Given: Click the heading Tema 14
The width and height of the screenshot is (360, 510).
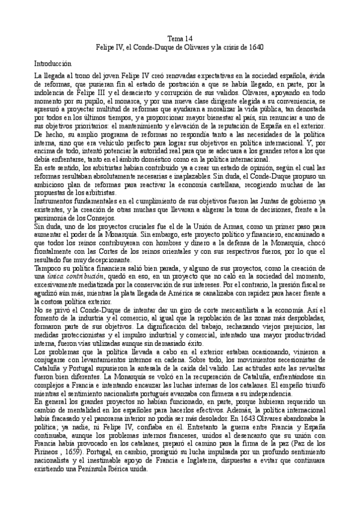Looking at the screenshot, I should pyautogui.click(x=180, y=37).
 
